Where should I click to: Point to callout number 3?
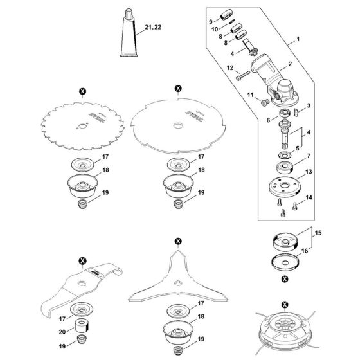(309, 105)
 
